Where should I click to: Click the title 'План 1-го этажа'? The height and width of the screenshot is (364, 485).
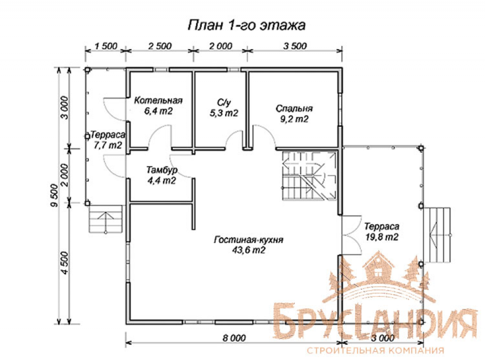246,25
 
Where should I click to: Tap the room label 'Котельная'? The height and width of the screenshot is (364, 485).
158,100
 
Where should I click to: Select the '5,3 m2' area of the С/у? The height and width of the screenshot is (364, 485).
224,113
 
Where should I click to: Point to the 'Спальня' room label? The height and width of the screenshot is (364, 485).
294,109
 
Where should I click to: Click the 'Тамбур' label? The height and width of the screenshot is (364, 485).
162,170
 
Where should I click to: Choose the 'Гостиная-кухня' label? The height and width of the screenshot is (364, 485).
248,240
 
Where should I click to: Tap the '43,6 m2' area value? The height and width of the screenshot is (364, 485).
249,250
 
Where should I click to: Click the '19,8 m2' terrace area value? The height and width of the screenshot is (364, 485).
382,237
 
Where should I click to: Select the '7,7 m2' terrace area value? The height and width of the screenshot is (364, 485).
108,145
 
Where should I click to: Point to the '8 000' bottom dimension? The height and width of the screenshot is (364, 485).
234,338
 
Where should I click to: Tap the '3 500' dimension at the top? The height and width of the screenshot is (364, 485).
295,46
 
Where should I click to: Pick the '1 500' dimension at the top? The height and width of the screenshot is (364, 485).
106,46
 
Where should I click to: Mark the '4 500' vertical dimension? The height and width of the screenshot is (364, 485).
65,263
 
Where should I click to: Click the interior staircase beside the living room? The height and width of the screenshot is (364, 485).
309,176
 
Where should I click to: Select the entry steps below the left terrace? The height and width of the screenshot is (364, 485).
106,219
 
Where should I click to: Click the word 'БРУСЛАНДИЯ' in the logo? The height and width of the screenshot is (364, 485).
375,322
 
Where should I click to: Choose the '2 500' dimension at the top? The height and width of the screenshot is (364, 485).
160,46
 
